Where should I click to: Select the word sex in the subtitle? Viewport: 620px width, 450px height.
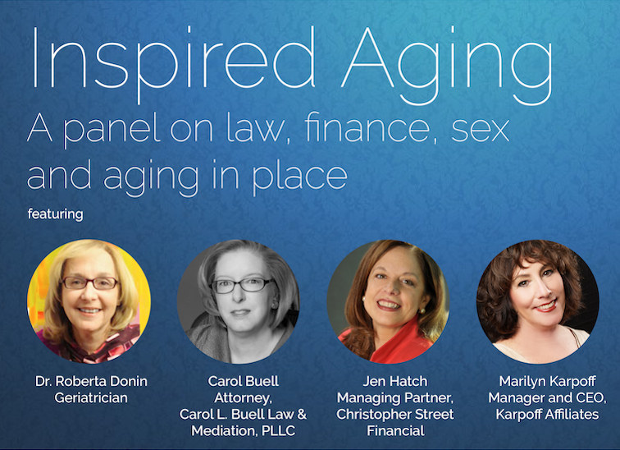(480, 131)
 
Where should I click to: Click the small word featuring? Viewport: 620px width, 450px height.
(56, 214)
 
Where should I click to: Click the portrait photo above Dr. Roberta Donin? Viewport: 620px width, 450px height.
(89, 301)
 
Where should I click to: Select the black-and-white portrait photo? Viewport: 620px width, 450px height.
(239, 301)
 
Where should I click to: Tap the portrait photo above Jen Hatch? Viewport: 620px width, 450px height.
(388, 301)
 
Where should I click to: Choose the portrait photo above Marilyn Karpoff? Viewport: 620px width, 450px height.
(538, 301)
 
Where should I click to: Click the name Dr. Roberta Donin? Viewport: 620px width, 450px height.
(91, 381)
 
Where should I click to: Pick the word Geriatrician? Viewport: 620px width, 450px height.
(91, 397)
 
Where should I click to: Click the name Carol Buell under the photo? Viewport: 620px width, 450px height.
(244, 381)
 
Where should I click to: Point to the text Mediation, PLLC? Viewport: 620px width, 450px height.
(244, 430)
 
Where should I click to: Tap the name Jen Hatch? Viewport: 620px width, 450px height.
(395, 381)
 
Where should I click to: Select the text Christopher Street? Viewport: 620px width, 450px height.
(395, 415)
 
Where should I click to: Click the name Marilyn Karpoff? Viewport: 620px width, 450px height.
(548, 381)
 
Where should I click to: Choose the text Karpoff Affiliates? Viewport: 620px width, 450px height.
(548, 415)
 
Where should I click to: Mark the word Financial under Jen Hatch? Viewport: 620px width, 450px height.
(395, 430)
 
